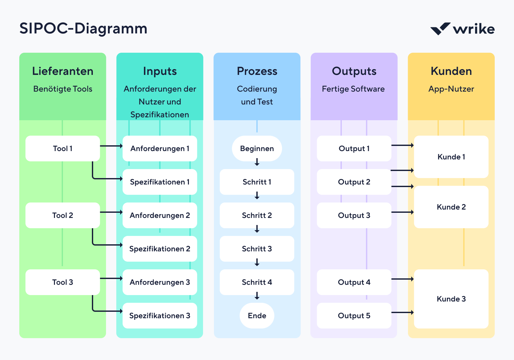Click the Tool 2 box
tap(63, 215)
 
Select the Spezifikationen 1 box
tap(160, 182)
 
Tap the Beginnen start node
tap(257, 148)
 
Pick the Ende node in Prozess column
tap(257, 316)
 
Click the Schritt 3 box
tap(257, 249)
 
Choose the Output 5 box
tap(354, 316)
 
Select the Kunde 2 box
tap(451, 207)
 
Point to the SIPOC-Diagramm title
tap(83, 29)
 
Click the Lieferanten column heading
tap(63, 71)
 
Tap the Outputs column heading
tap(354, 71)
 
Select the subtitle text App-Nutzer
tap(451, 89)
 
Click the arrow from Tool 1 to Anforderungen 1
tap(111, 146)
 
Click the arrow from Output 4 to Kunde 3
tap(402, 279)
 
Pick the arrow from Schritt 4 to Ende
tap(257, 296)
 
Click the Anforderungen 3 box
tap(160, 282)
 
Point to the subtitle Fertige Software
tap(353, 89)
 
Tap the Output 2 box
tap(354, 182)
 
